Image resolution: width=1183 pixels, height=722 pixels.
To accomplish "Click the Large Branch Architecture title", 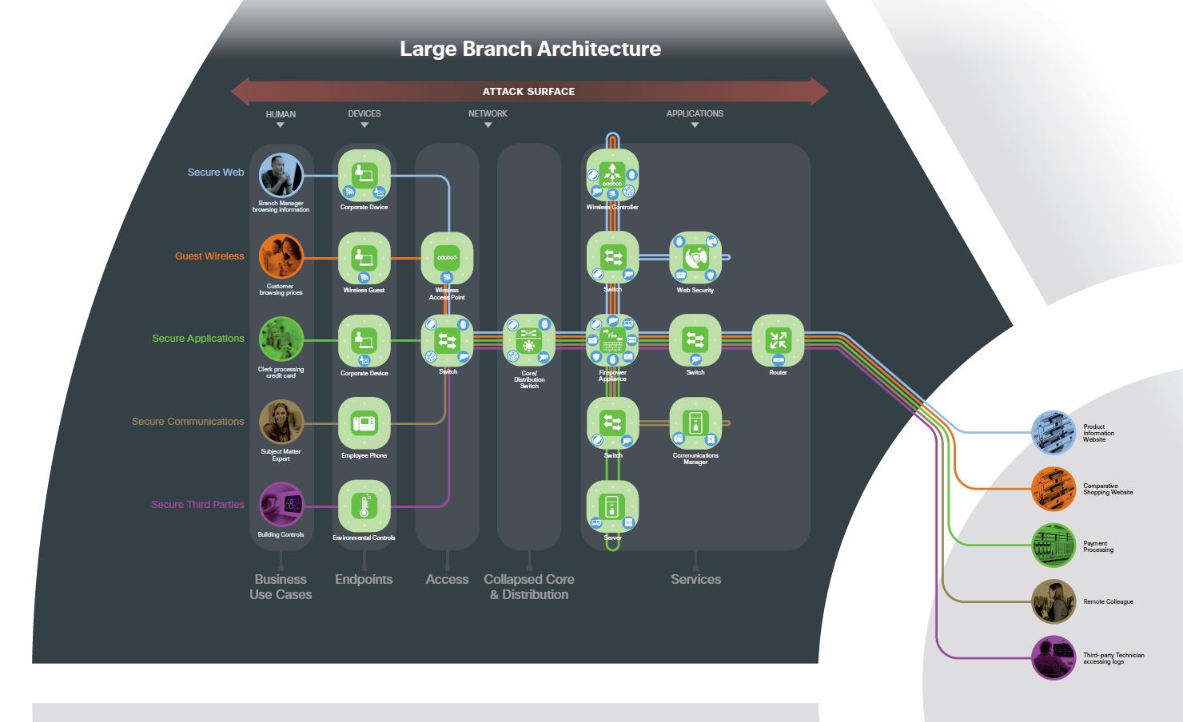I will pos(530,50).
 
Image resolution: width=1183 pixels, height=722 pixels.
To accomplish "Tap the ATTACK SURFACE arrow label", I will pos(528,92).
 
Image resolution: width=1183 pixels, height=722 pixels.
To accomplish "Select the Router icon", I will pos(778,340).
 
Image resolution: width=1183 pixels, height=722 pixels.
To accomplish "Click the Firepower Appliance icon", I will pos(612,340).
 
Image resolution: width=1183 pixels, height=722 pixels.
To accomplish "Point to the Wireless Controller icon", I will pos(612,174).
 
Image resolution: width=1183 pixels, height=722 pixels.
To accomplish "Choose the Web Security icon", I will pos(695,257).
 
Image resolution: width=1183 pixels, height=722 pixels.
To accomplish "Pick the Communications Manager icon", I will pos(695,423).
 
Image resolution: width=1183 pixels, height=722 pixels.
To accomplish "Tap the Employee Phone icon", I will pos(364,423).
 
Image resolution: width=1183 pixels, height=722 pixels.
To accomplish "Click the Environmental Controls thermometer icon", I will pos(364,506).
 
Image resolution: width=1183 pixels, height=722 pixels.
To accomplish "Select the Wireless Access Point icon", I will pos(447,257).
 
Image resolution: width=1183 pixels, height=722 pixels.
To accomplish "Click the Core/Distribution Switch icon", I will pos(529,340).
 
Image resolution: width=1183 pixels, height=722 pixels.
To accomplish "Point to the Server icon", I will pos(612,506).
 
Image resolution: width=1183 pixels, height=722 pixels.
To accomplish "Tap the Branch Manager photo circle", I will pos(281,175).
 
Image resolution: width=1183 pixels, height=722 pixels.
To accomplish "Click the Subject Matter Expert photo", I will pos(281,422).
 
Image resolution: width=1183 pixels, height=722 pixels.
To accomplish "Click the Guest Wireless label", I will pos(209,256).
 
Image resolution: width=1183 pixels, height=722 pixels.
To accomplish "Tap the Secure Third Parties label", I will pos(197,505).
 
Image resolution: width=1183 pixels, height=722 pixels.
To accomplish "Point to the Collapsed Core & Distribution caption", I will pos(529,587).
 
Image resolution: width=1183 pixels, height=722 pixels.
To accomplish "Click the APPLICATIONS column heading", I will pos(695,113).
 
